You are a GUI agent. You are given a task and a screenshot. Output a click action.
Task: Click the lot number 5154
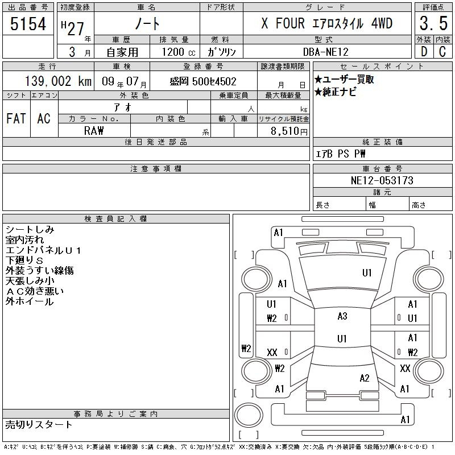tap(28, 24)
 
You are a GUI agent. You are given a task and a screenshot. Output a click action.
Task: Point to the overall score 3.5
tap(433, 23)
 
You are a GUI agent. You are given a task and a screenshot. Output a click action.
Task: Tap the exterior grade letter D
tap(424, 52)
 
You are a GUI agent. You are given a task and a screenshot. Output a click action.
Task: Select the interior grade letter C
tap(442, 52)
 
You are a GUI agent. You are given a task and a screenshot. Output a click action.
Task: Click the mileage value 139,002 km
tap(58, 81)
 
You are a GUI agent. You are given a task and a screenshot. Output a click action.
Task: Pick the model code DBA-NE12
tap(325, 52)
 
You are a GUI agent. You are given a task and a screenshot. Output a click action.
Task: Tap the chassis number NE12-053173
tap(382, 180)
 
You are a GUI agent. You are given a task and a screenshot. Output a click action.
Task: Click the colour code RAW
tap(94, 131)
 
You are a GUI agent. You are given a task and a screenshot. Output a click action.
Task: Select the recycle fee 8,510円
tap(289, 131)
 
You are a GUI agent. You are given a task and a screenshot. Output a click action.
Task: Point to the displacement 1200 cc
tap(179, 52)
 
